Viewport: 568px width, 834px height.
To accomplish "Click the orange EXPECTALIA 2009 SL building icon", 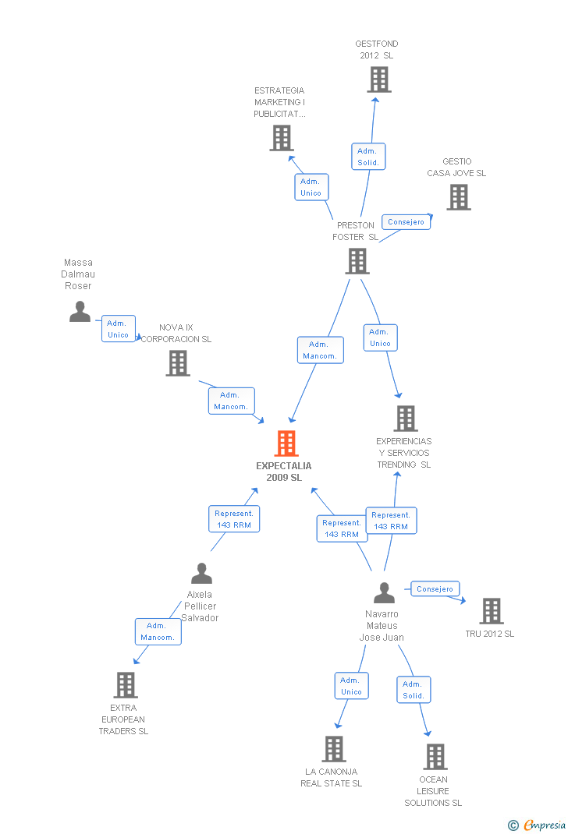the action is click(x=286, y=444).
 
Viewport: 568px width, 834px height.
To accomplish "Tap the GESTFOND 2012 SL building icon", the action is click(x=378, y=80).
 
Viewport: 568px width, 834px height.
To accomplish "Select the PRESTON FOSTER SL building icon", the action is click(x=357, y=261).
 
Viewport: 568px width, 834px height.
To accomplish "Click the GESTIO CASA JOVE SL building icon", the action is click(x=459, y=197).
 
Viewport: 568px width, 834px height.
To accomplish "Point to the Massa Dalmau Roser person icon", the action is click(x=80, y=311).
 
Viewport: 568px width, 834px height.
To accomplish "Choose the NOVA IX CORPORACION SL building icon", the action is click(x=178, y=363).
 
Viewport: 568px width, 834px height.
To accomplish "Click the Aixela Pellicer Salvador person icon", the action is click(x=201, y=574).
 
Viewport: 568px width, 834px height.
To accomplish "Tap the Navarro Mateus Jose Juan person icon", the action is click(x=384, y=593).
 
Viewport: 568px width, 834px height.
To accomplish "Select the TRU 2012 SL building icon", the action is click(x=491, y=611).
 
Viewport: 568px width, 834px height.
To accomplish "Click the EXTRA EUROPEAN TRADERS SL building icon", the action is click(x=125, y=685).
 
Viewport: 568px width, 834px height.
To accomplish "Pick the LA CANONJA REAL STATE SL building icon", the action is click(x=333, y=749).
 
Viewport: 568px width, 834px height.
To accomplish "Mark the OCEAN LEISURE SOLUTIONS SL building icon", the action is click(x=435, y=756).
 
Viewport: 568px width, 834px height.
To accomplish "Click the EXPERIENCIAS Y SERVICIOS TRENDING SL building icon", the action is click(x=405, y=419).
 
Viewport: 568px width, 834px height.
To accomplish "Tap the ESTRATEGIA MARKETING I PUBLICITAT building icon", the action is click(x=281, y=138).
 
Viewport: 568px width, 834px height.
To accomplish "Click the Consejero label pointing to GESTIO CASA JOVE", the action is click(x=406, y=222).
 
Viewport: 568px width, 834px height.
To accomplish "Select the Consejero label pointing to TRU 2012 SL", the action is click(x=435, y=589).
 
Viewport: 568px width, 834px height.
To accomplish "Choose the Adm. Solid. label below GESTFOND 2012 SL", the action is click(x=368, y=157).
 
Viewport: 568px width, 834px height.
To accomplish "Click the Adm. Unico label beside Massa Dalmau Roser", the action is click(x=119, y=329).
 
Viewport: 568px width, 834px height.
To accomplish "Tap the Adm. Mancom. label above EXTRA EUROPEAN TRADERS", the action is click(x=158, y=631).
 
